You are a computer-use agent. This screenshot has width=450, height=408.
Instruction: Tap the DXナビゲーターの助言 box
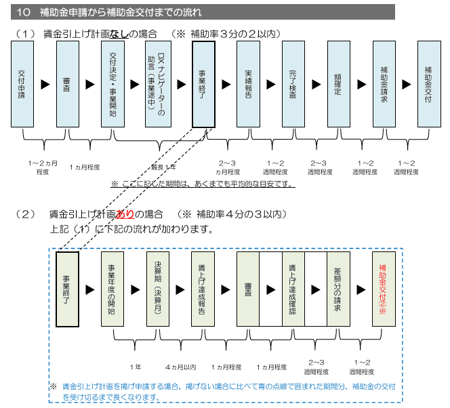pyautogui.click(x=161, y=84)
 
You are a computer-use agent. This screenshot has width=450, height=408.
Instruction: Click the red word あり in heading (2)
pyautogui.click(x=126, y=215)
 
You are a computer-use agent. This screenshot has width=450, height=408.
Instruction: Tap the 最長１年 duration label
pyautogui.click(x=163, y=167)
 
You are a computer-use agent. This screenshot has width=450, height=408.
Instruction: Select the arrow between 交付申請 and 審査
pyautogui.click(x=45, y=84)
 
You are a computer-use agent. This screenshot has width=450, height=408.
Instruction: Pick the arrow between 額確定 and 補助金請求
pyautogui.click(x=361, y=84)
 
